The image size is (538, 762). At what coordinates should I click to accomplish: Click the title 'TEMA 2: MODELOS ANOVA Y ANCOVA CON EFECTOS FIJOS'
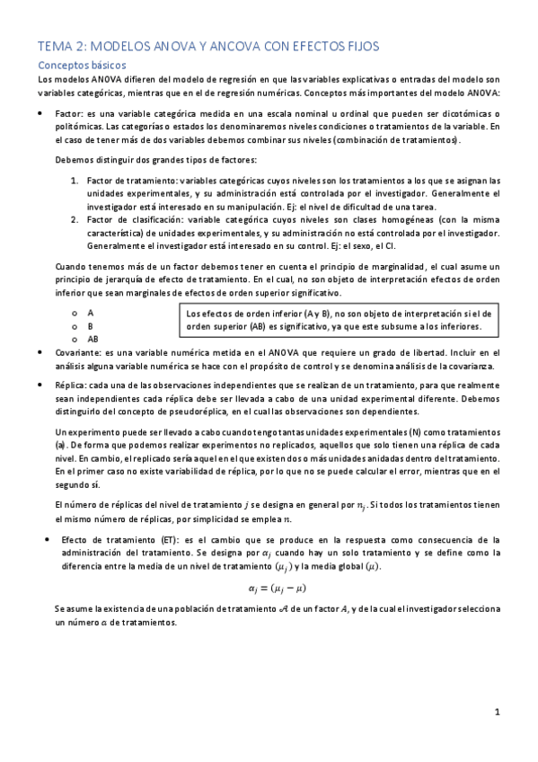(x=208, y=46)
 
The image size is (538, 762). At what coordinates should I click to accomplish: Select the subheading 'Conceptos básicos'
(x=81, y=66)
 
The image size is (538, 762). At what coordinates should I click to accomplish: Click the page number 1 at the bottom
(x=497, y=713)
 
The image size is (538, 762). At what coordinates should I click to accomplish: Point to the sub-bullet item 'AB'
(x=93, y=339)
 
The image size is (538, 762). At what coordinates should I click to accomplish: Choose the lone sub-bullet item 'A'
(x=90, y=313)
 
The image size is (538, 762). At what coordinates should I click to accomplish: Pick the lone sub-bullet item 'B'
(x=90, y=326)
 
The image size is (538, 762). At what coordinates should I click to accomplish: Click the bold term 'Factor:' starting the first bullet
(x=69, y=114)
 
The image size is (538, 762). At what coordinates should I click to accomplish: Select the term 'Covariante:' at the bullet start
(x=78, y=354)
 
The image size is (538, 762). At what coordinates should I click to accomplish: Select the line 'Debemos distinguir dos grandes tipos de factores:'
(x=155, y=160)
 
